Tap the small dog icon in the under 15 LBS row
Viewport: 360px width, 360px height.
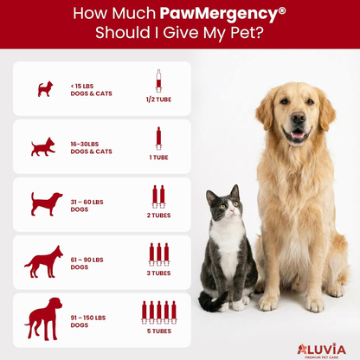click(x=45, y=88)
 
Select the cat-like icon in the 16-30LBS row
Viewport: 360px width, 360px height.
click(x=42, y=146)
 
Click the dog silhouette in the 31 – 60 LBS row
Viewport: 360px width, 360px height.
click(x=45, y=204)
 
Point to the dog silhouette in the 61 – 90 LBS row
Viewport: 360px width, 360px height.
click(x=43, y=260)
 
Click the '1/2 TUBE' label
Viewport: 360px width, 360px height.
click(x=158, y=100)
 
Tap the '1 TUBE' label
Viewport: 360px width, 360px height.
click(x=158, y=157)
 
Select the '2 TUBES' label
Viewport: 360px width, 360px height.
click(x=158, y=215)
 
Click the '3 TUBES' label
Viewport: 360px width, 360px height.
click(x=158, y=273)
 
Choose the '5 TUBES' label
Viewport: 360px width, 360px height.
click(x=158, y=330)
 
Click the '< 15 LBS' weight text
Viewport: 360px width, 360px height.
click(x=84, y=84)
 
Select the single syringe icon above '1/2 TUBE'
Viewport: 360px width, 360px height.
click(x=158, y=80)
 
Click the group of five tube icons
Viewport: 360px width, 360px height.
click(x=158, y=311)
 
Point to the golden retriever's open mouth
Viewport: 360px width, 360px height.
click(x=298, y=135)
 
